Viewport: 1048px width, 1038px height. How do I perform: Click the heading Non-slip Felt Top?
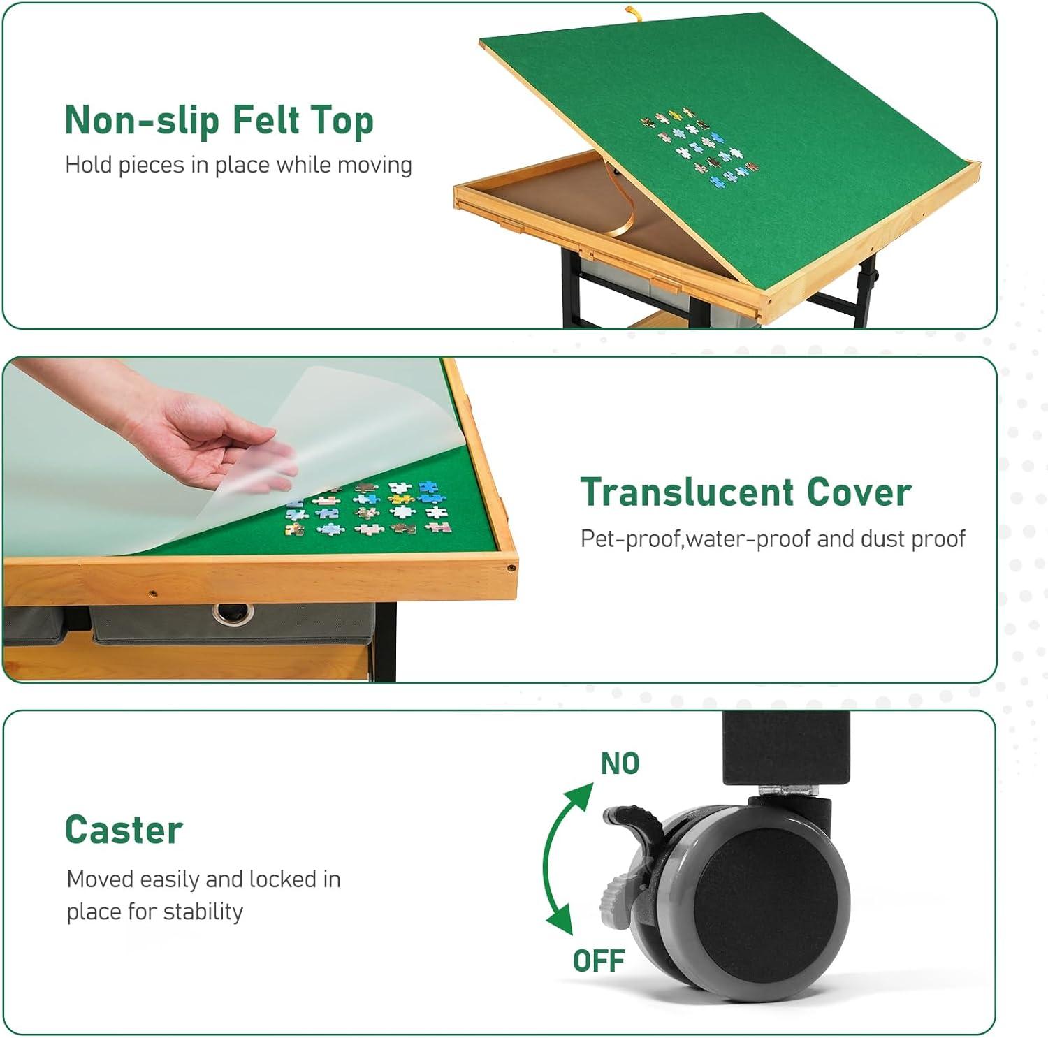point(219,120)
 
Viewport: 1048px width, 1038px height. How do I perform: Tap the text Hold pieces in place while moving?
point(238,165)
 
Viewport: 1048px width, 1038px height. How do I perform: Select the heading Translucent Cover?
point(746,492)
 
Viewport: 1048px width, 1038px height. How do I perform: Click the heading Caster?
point(124,830)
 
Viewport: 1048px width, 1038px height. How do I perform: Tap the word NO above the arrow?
point(620,763)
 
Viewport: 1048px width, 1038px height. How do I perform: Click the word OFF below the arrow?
point(599,961)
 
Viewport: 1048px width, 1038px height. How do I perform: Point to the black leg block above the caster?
point(785,747)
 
